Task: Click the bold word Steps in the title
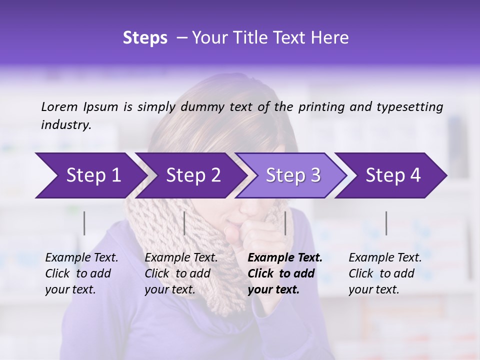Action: pos(145,38)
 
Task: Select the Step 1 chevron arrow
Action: pos(90,175)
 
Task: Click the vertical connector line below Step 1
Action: pos(84,223)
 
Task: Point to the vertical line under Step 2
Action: pos(184,223)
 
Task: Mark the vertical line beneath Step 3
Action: pos(285,223)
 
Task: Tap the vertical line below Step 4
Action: pos(386,223)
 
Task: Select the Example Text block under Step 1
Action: pos(81,273)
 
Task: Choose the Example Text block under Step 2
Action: pos(180,273)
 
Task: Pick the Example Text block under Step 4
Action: pos(384,273)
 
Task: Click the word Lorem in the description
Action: pos(59,106)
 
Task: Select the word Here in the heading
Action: pos(332,38)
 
